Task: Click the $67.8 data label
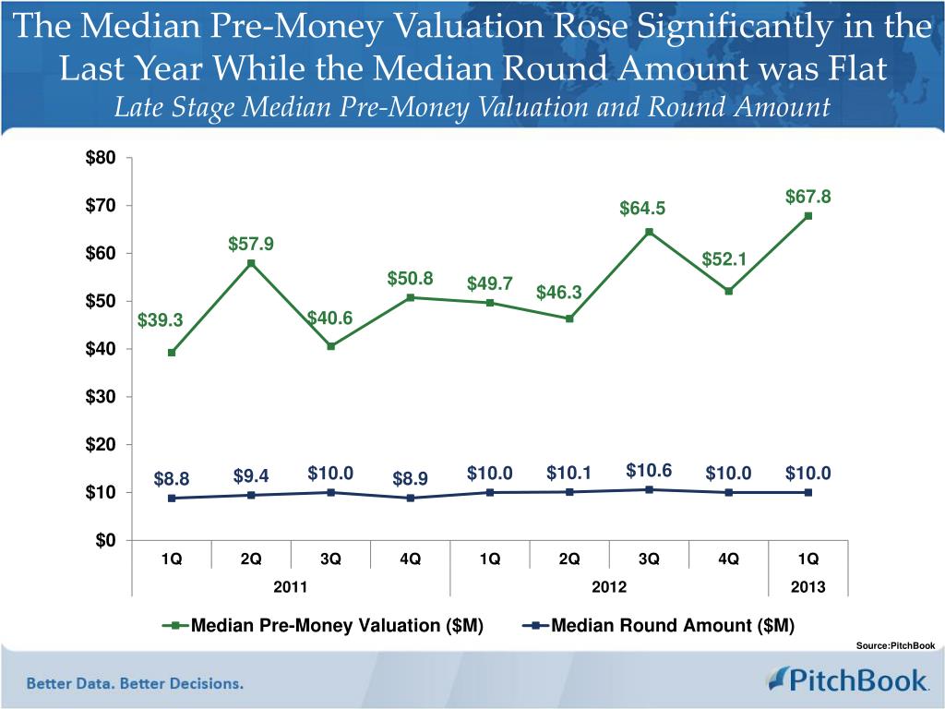pyautogui.click(x=808, y=197)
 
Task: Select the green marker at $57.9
pyautogui.click(x=251, y=263)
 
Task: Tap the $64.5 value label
pyautogui.click(x=641, y=210)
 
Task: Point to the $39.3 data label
pyautogui.click(x=161, y=320)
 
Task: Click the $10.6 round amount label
pyautogui.click(x=649, y=471)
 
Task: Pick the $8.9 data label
pyautogui.click(x=410, y=478)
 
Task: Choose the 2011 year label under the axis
pyautogui.click(x=292, y=587)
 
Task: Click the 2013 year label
pyautogui.click(x=808, y=587)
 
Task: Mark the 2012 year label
pyautogui.click(x=609, y=587)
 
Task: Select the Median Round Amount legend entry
pyautogui.click(x=659, y=626)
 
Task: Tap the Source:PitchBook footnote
pyautogui.click(x=895, y=645)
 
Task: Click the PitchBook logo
pyautogui.click(x=847, y=680)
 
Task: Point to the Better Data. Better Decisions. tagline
pyautogui.click(x=135, y=684)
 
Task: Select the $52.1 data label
pyautogui.click(x=724, y=260)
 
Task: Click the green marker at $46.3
pyautogui.click(x=569, y=318)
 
